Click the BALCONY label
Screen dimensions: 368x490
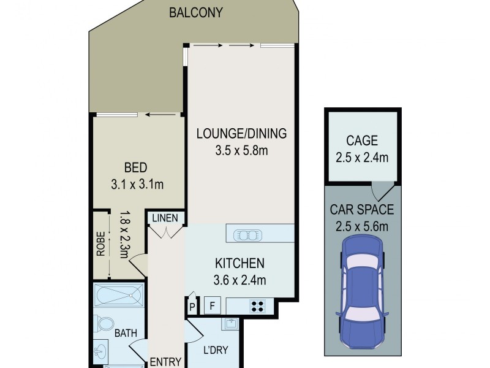[196, 12]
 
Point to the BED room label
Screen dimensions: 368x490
[136, 167]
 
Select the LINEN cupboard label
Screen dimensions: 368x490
[165, 218]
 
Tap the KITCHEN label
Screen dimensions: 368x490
[239, 264]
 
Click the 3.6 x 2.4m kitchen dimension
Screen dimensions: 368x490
[239, 281]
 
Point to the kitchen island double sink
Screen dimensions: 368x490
[248, 234]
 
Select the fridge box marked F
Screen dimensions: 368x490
[213, 305]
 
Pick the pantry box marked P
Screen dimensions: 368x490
[192, 305]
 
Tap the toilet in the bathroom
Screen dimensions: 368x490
[105, 324]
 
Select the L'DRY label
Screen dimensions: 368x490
[215, 351]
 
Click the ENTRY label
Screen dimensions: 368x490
[165, 361]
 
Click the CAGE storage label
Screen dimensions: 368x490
[363, 140]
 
